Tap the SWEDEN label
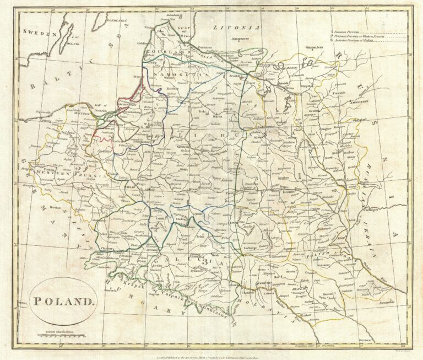point(40,33)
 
